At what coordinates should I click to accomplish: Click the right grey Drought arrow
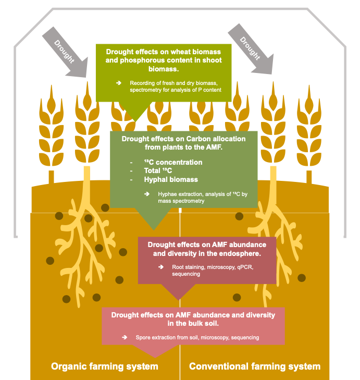(251, 47)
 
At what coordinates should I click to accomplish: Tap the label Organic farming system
(104, 366)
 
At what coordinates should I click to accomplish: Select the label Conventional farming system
(255, 366)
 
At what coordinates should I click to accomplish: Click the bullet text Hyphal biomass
(171, 179)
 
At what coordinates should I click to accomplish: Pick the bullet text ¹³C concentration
(173, 163)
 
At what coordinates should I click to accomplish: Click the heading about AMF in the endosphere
(207, 249)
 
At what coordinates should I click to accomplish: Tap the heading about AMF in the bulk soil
(192, 319)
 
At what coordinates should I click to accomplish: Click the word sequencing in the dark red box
(186, 274)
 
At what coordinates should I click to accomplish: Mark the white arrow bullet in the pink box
(125, 337)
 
